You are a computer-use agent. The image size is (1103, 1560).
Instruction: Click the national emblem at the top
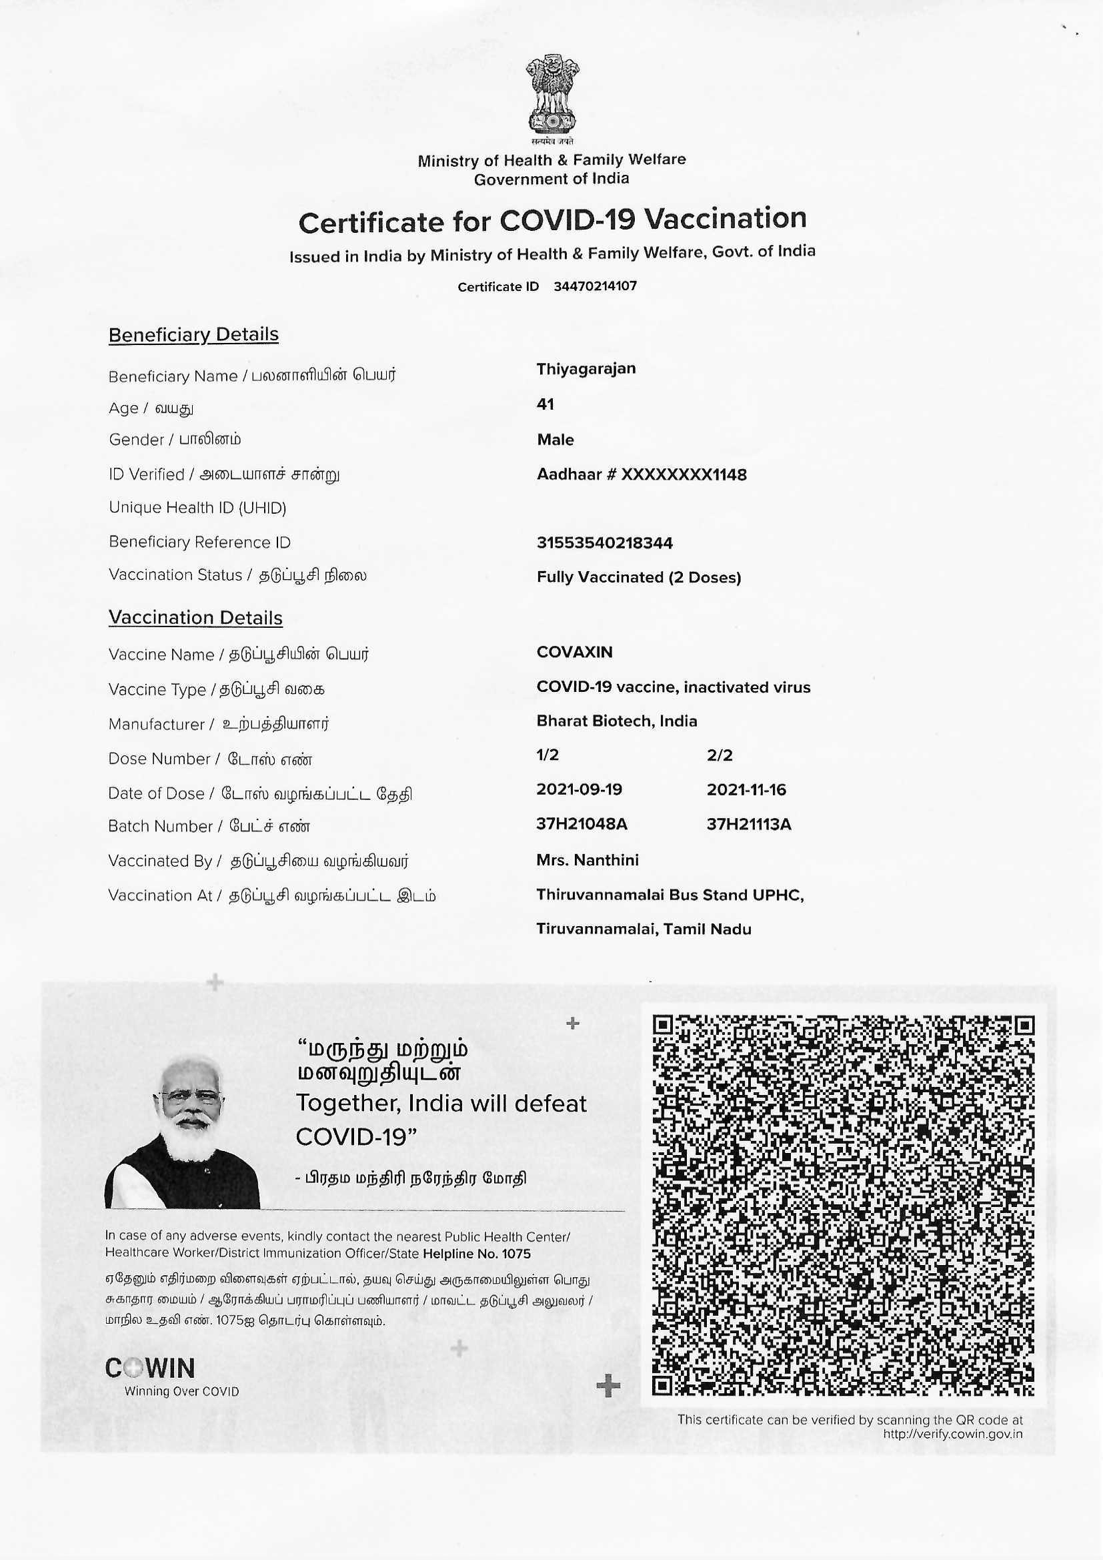(x=551, y=97)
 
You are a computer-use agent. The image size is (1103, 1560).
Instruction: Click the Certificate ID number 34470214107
(x=595, y=286)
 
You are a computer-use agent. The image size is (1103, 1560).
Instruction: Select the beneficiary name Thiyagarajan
(x=586, y=369)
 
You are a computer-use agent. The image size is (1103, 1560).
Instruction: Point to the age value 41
(x=545, y=404)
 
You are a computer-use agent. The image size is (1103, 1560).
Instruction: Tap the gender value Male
(x=555, y=440)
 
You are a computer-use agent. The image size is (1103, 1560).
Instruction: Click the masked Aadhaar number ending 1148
(x=641, y=474)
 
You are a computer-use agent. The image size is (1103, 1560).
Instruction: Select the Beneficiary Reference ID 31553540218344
(x=604, y=543)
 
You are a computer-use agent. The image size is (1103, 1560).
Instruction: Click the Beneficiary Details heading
(x=193, y=334)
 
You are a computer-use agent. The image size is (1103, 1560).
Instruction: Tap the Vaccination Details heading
(x=195, y=618)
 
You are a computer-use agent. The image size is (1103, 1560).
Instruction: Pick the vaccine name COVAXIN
(x=574, y=653)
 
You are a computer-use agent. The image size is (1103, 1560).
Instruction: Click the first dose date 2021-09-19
(x=579, y=789)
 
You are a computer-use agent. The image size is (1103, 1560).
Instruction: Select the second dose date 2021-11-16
(x=746, y=789)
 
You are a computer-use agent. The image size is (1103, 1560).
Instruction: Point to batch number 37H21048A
(x=582, y=824)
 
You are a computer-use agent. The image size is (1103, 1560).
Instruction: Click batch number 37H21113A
(x=748, y=824)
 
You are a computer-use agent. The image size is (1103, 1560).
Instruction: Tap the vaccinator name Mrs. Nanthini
(x=587, y=860)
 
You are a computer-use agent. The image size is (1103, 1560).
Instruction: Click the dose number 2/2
(x=720, y=755)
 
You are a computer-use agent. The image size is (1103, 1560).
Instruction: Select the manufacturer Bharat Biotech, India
(x=616, y=721)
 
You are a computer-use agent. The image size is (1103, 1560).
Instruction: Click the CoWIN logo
(x=151, y=1368)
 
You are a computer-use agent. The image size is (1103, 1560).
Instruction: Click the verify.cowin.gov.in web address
(x=952, y=1435)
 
